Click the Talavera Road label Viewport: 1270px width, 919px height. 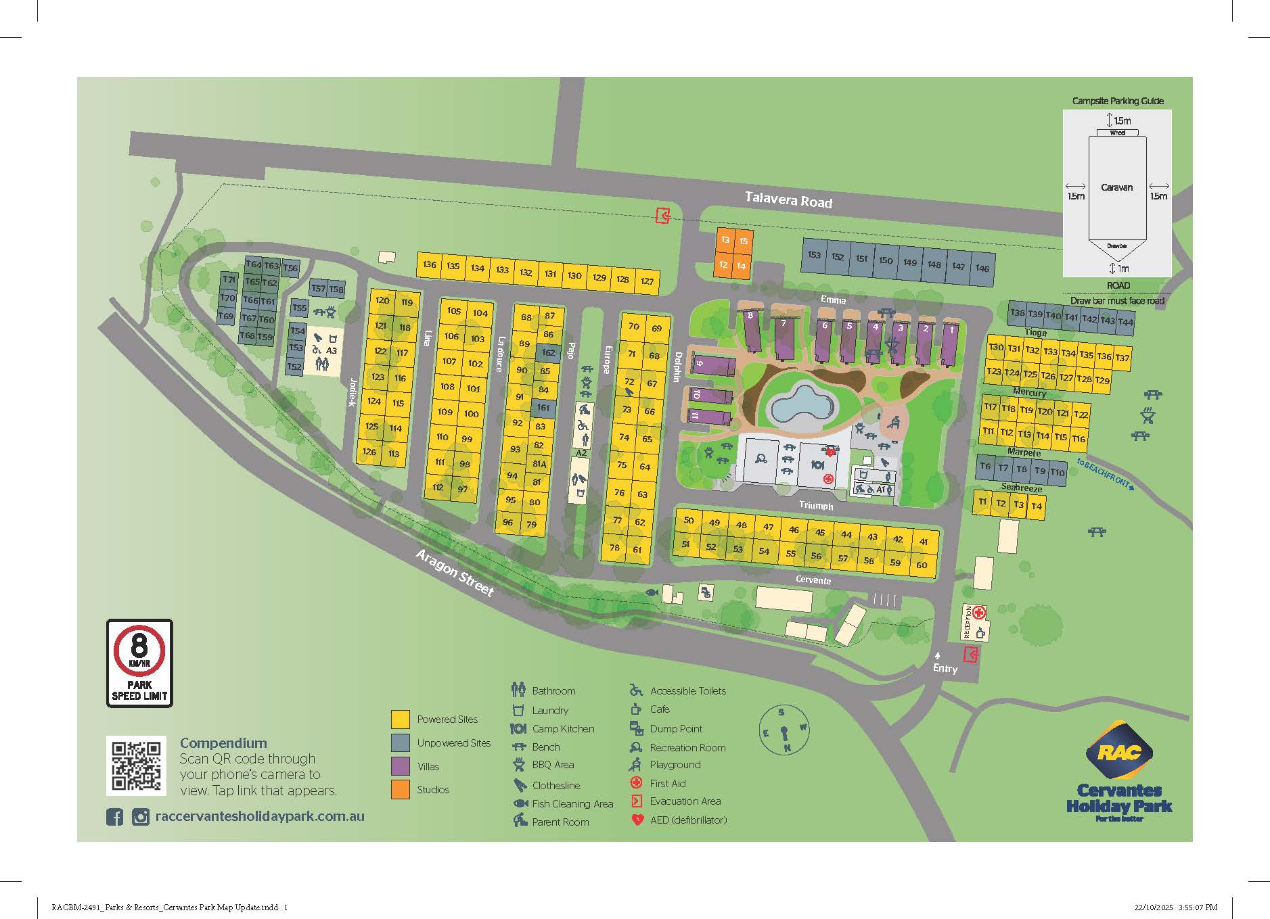tap(788, 199)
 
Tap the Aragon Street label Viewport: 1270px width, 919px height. tap(455, 573)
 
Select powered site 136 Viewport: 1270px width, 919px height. tap(429, 264)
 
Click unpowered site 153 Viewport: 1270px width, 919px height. tap(814, 255)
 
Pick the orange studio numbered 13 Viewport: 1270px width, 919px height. tap(725, 239)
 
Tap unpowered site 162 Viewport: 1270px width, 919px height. tap(548, 352)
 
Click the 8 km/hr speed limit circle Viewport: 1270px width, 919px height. tap(139, 650)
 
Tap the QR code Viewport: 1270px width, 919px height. tap(136, 765)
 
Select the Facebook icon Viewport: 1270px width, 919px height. tap(114, 817)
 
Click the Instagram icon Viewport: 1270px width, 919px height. tap(140, 817)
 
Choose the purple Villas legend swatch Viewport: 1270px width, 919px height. tap(401, 766)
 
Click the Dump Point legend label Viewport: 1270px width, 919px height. tap(676, 729)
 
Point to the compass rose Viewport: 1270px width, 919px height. tap(784, 730)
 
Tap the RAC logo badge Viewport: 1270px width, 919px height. tap(1118, 751)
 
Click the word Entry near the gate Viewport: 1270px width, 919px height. tap(945, 669)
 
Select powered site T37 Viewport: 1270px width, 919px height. tap(1122, 358)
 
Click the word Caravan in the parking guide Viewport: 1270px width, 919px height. tap(1116, 187)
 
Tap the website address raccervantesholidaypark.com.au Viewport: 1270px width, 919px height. tap(260, 816)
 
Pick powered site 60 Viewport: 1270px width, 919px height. tap(922, 565)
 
